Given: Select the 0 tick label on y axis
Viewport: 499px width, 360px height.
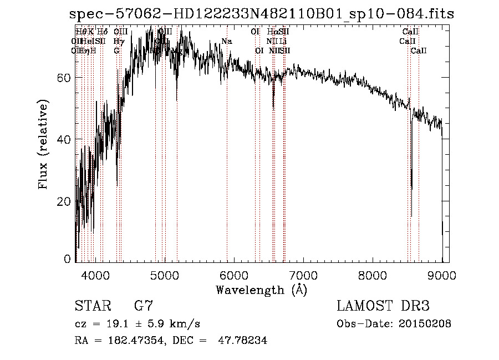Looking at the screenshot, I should [67, 259].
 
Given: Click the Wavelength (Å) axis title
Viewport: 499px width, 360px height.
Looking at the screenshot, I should [261, 290].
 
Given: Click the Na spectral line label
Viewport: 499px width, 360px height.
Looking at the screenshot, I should [226, 42].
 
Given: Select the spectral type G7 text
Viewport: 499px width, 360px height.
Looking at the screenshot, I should [144, 306].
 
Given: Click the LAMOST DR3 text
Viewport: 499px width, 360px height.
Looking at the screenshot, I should [383, 306].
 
